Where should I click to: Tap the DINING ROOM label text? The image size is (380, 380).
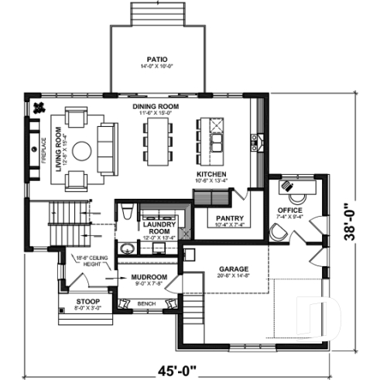pyautogui.click(x=156, y=106)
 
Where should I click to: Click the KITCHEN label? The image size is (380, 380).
pyautogui.click(x=211, y=175)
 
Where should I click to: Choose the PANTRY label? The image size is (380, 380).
pyautogui.click(x=230, y=218)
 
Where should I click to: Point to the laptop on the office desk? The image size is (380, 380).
pyautogui.click(x=287, y=185)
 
